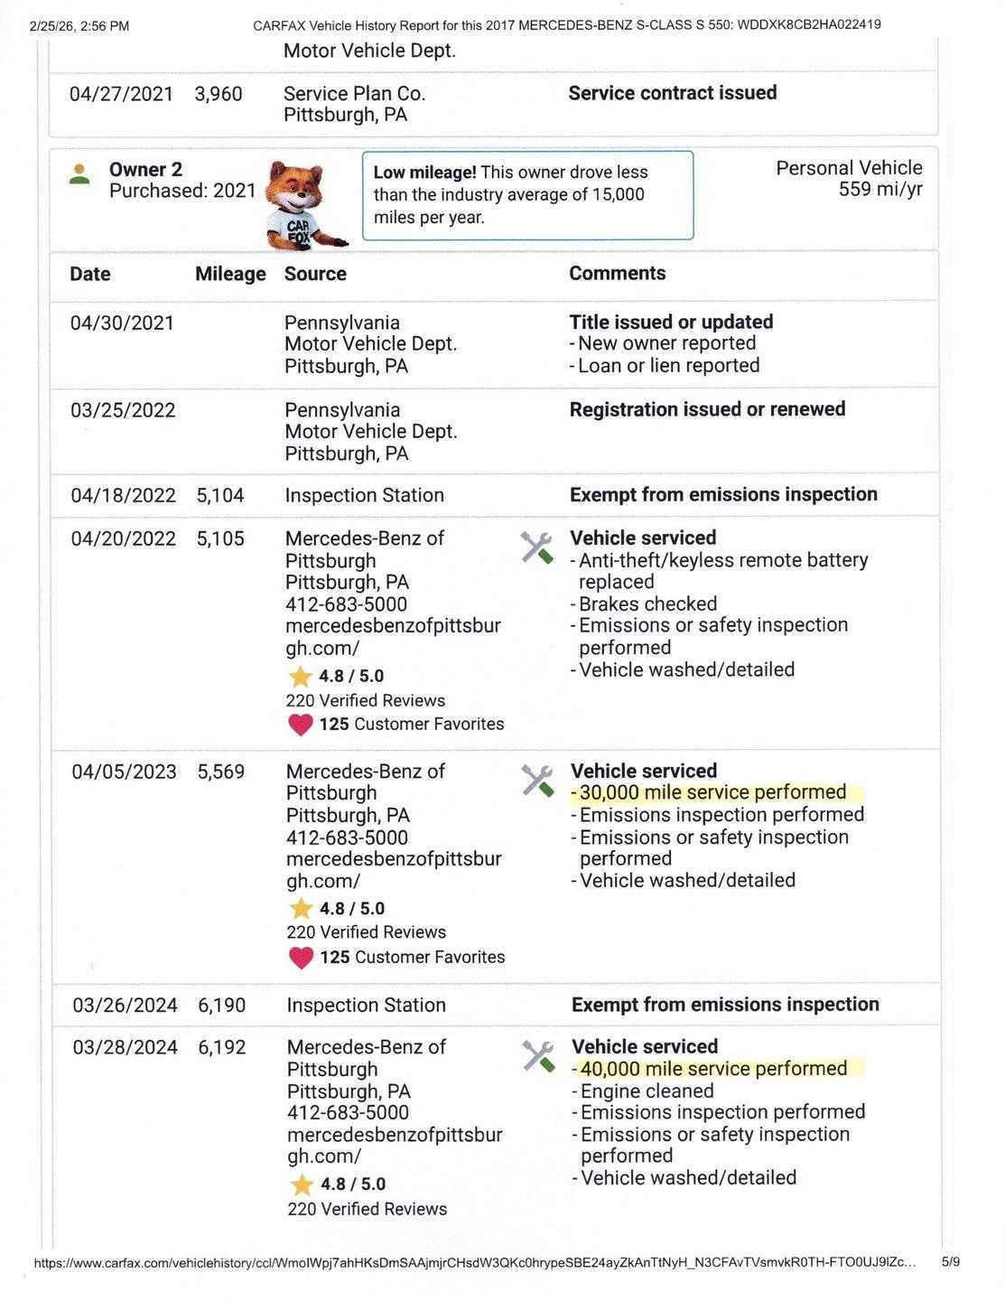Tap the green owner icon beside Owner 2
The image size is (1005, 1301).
79,174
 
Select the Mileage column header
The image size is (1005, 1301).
230,274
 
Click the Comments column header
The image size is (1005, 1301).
617,273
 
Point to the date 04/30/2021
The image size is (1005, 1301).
122,323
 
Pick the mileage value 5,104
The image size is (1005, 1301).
220,495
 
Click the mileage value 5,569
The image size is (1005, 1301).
221,772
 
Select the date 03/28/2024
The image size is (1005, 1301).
125,1047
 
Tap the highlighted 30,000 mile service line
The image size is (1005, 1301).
712,792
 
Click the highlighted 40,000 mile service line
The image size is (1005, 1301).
713,1069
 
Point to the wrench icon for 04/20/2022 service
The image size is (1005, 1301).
536,548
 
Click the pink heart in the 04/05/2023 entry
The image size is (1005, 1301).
301,958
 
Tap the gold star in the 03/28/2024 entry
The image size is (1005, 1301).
302,1184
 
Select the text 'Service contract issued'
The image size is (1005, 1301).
672,93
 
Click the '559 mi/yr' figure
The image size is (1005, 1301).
880,190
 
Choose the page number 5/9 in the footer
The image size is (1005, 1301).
951,1261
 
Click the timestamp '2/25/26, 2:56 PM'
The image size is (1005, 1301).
79,26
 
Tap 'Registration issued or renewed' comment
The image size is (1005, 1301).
707,409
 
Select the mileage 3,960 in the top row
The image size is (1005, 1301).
219,94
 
